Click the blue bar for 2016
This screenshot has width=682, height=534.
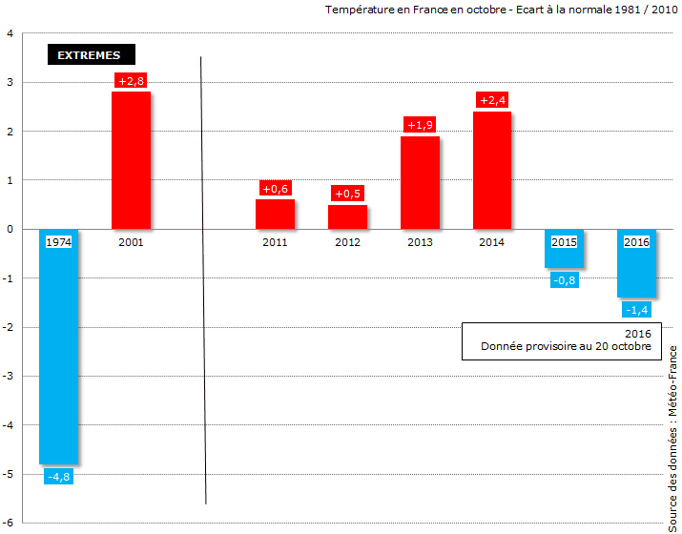pyautogui.click(x=636, y=272)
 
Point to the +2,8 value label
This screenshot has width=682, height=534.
pyautogui.click(x=131, y=81)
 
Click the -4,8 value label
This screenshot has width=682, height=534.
pyautogui.click(x=58, y=476)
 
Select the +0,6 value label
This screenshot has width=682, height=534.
pyautogui.click(x=275, y=189)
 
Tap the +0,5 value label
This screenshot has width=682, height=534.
pyautogui.click(x=347, y=194)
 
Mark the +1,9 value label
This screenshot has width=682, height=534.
pyautogui.click(x=420, y=125)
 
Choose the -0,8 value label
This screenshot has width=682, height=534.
pyautogui.click(x=564, y=279)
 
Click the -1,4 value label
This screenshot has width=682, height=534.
pyautogui.click(x=636, y=309)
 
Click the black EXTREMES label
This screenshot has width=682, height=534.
pyautogui.click(x=90, y=55)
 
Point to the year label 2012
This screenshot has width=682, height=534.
pyautogui.click(x=347, y=242)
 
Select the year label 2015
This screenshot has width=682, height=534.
pyautogui.click(x=564, y=242)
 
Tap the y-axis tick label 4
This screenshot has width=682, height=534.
pyautogui.click(x=10, y=33)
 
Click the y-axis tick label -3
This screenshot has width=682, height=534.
pyautogui.click(x=8, y=376)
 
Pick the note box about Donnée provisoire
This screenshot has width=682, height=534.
pyautogui.click(x=562, y=341)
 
